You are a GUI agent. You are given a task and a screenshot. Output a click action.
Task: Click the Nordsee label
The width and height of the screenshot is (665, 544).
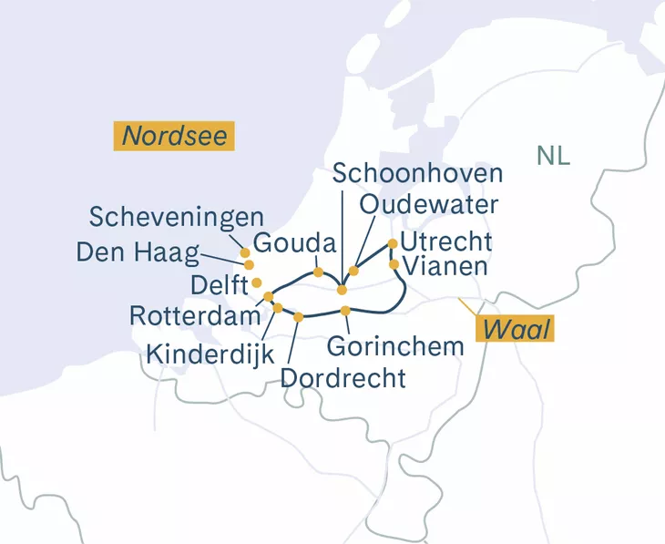(174, 137)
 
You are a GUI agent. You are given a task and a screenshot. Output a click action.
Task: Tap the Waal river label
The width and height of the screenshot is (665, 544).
(517, 329)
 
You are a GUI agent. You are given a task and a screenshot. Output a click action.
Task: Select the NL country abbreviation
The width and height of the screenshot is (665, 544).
(553, 156)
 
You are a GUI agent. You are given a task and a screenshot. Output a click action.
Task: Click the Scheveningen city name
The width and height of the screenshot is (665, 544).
(177, 217)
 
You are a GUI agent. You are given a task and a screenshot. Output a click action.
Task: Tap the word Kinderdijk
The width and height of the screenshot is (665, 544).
(210, 353)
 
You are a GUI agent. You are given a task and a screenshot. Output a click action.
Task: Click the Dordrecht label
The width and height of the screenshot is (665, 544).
(343, 377)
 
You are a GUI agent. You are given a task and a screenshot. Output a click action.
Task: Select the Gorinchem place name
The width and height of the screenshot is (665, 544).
(389, 346)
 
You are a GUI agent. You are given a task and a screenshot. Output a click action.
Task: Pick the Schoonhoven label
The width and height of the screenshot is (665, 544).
(418, 173)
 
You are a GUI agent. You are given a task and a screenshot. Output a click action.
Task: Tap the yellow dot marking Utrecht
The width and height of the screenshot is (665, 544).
(393, 243)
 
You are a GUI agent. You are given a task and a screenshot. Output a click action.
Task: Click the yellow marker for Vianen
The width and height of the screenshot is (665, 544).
(394, 264)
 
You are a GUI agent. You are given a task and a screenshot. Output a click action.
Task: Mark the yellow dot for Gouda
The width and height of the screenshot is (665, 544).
(318, 272)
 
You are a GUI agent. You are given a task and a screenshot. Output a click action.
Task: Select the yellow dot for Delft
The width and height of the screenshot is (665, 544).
(257, 282)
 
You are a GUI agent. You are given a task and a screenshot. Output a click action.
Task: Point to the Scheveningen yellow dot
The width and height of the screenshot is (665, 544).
(244, 252)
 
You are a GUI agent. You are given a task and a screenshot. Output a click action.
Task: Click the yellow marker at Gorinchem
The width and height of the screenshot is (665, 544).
(345, 311)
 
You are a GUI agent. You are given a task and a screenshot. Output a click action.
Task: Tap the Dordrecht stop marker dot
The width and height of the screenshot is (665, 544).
(299, 316)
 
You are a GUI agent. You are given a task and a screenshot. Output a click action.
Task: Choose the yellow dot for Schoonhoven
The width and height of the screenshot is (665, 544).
(342, 290)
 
